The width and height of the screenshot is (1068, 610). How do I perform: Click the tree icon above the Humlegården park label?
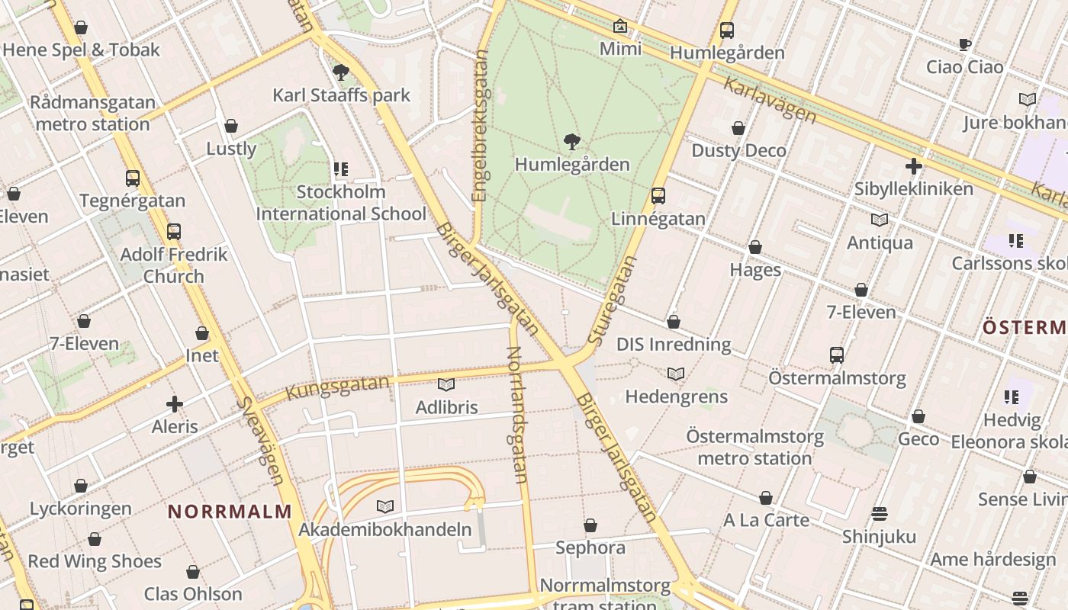(571, 141)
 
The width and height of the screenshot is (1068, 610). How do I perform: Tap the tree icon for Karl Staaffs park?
(341, 72)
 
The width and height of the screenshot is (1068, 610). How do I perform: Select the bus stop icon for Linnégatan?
(658, 196)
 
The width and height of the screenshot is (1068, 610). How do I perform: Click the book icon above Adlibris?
(446, 385)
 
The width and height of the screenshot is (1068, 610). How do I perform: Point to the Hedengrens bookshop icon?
(675, 374)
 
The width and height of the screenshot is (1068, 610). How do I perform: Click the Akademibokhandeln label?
(385, 529)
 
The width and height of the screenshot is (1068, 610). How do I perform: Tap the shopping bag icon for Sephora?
(590, 525)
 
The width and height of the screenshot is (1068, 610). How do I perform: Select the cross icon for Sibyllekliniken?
(913, 165)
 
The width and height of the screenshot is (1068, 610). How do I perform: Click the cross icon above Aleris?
(175, 403)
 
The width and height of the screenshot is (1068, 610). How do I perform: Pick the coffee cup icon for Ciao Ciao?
(964, 44)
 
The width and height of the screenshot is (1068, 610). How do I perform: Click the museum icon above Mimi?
(620, 27)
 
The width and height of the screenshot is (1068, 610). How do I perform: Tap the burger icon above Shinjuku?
(879, 514)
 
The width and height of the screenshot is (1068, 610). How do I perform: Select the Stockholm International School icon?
(340, 169)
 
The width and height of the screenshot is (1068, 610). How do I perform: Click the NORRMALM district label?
(230, 512)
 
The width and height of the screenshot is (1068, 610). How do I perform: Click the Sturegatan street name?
(614, 301)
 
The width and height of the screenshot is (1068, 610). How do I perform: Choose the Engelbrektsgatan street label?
(480, 126)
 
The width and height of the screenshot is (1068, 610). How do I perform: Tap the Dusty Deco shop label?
(738, 150)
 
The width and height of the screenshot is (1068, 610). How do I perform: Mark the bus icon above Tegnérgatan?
(133, 178)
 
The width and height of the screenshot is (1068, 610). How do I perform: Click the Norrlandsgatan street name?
(516, 415)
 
